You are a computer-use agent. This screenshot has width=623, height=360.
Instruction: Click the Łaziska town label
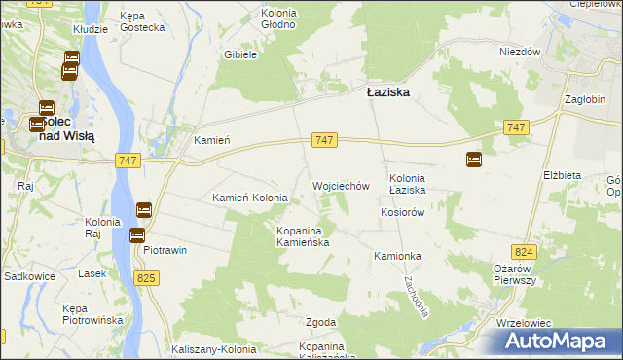click(x=387, y=92)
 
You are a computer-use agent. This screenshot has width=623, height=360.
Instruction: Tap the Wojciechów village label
click(x=341, y=185)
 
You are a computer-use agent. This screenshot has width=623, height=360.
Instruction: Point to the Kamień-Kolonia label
click(x=250, y=198)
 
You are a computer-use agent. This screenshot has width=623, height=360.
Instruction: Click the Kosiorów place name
click(x=404, y=212)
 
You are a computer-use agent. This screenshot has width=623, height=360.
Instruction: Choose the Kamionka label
click(x=396, y=256)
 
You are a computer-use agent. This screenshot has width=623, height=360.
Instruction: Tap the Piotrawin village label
click(x=165, y=250)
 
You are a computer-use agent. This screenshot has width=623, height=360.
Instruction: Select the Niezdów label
click(x=519, y=53)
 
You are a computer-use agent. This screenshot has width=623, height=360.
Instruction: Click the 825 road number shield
click(x=146, y=279)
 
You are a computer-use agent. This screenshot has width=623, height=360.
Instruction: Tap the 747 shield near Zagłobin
click(x=517, y=128)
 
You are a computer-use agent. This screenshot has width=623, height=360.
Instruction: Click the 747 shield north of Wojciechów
click(x=325, y=141)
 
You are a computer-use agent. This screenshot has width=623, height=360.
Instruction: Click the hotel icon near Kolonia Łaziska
click(x=474, y=160)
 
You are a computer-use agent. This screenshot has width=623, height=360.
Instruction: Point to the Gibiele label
click(x=239, y=55)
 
